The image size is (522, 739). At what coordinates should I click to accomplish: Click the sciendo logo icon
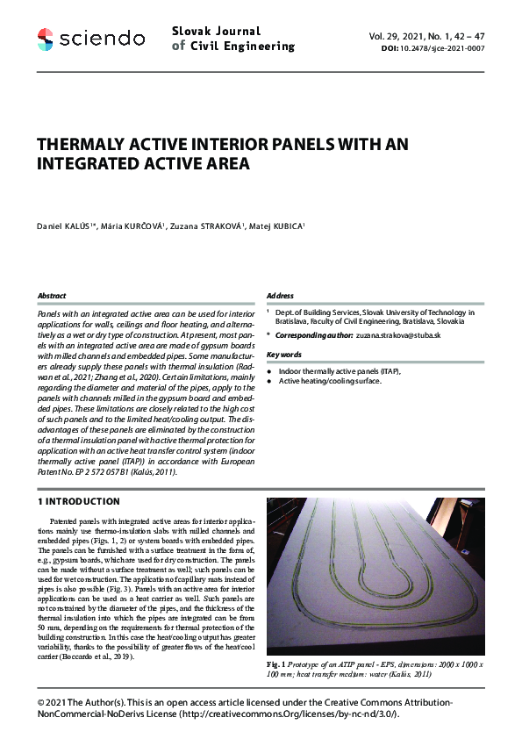pos(46,38)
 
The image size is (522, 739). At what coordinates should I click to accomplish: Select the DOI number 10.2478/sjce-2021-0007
pos(446,49)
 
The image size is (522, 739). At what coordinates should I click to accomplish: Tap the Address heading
pos(280,296)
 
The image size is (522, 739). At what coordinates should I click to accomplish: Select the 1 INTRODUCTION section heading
pos(78,502)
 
